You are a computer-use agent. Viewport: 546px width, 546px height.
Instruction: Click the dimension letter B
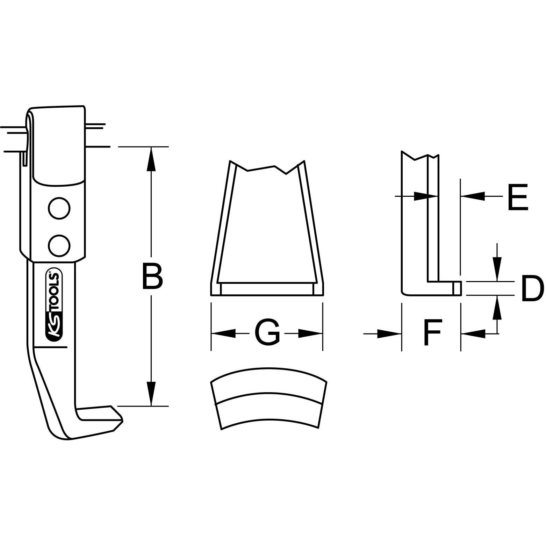point(152,276)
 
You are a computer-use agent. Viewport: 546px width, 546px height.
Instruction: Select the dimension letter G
point(267,332)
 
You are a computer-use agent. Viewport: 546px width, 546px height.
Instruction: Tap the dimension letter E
point(517,198)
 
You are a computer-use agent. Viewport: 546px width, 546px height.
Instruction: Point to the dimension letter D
point(532,288)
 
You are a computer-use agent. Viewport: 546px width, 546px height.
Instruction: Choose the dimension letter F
point(432,332)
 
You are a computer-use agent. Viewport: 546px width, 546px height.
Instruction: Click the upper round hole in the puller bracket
point(59,209)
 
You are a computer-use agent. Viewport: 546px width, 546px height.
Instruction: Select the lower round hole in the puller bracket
point(59,245)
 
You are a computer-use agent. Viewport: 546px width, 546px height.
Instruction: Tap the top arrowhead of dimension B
point(151,159)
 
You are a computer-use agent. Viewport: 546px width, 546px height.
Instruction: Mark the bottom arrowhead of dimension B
point(151,394)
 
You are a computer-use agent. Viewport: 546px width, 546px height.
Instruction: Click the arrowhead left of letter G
point(224,333)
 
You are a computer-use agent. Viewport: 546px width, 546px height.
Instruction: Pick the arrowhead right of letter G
point(310,333)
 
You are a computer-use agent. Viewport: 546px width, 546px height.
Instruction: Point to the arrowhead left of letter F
point(389,334)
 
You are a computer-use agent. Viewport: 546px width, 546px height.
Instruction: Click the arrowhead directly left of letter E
point(473,196)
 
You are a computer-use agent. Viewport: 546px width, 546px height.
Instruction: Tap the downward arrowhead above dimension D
point(497,269)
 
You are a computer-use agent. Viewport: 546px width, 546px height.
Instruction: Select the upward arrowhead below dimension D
point(497,308)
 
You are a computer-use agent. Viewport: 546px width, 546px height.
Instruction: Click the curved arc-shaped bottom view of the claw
point(268,398)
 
